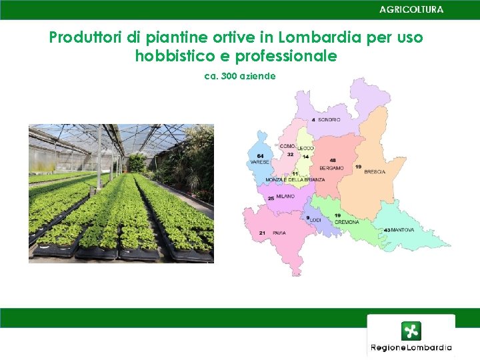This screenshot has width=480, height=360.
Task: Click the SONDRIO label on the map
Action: click(x=329, y=120)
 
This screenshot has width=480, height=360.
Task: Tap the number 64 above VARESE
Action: click(x=260, y=156)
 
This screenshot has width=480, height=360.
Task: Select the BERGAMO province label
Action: click(x=331, y=168)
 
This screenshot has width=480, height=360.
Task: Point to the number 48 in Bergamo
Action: click(x=333, y=161)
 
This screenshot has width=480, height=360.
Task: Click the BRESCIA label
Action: click(x=375, y=172)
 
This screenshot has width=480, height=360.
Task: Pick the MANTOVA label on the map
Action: click(x=403, y=230)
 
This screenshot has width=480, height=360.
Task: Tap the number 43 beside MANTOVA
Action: click(x=387, y=230)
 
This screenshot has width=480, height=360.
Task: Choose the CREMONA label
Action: click(x=347, y=222)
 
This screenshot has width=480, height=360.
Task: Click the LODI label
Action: click(x=316, y=220)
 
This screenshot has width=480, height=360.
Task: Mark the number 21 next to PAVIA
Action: click(x=263, y=233)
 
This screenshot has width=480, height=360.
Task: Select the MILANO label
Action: click(x=285, y=197)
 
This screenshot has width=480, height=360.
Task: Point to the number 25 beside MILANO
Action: click(x=271, y=198)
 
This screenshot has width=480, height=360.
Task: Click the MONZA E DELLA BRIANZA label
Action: click(x=295, y=180)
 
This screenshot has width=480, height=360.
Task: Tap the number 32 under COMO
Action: click(x=290, y=155)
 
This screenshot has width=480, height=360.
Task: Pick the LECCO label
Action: click(x=306, y=147)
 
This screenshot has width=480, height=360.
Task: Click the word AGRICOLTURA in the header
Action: click(x=411, y=9)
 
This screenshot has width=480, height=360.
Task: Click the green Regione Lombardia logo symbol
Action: click(x=411, y=331)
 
